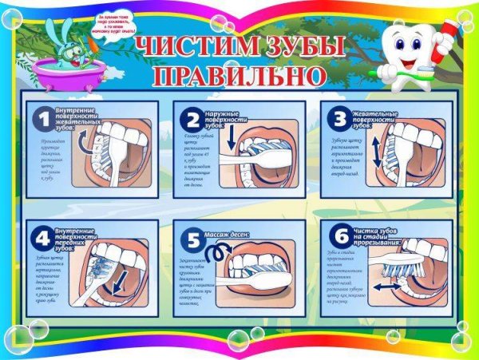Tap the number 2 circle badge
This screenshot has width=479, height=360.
pos(191,121)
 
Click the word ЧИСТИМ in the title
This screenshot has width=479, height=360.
pos(192,47)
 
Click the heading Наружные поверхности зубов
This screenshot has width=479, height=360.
pos(223,120)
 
